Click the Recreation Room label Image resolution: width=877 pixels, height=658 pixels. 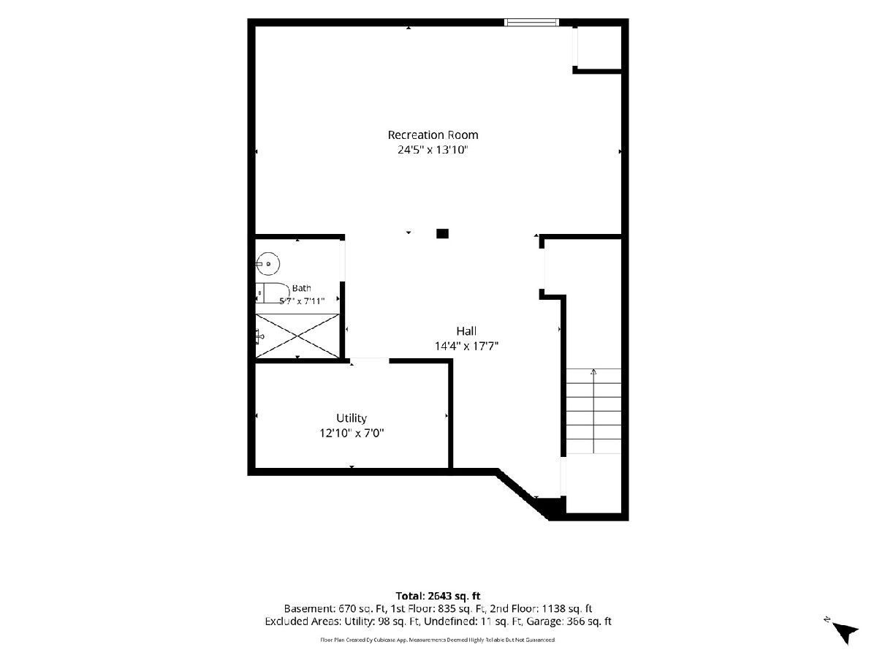(433, 135)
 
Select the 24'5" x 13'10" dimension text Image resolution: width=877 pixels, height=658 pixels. (433, 150)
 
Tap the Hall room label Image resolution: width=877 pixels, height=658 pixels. (466, 330)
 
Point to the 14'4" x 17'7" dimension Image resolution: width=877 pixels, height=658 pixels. (466, 346)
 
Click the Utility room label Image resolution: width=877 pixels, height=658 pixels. (352, 418)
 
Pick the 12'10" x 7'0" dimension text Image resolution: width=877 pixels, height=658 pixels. (352, 433)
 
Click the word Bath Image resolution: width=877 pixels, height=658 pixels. (301, 288)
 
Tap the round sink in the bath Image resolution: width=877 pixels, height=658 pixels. (267, 264)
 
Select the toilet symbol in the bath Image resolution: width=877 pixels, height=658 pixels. (273, 293)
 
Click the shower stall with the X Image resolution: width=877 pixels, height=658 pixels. (297, 336)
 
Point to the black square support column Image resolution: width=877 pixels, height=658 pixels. (442, 234)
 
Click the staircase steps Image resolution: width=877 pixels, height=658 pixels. (593, 411)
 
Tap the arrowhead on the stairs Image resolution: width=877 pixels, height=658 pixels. (593, 371)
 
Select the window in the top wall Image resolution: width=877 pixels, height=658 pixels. (531, 23)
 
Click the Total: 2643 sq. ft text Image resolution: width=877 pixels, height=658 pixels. (438, 597)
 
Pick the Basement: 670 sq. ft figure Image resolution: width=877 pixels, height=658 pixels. (335, 609)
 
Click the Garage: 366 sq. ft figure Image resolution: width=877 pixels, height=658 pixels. (569, 621)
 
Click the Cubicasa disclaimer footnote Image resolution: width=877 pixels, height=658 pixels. (438, 640)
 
